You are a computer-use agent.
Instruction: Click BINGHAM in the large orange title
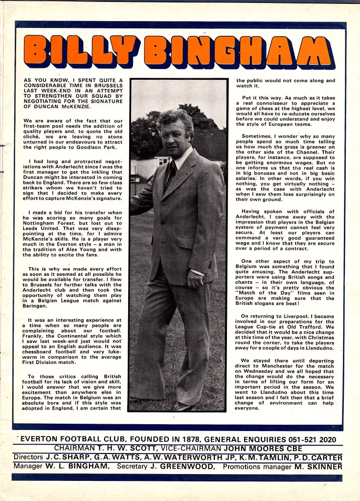coord(239,51)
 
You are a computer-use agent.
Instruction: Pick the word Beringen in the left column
coord(38,306)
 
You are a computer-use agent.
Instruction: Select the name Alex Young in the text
coord(84,249)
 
